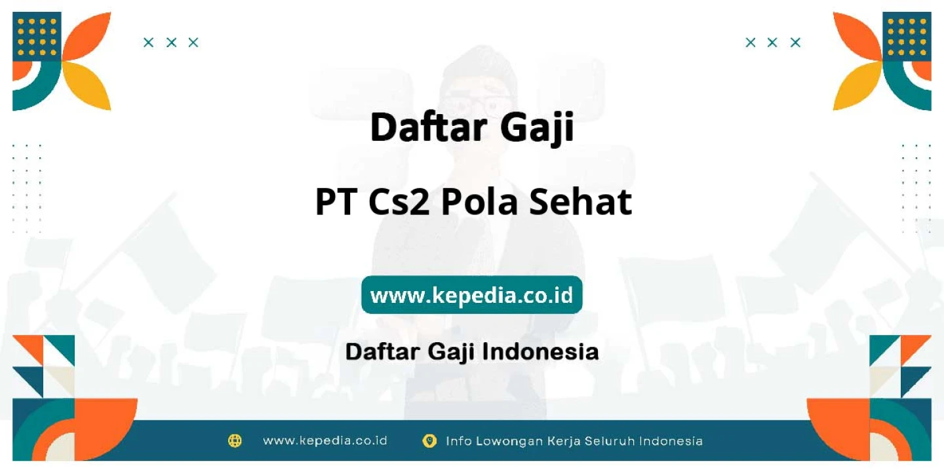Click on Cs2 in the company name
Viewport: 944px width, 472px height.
tap(399, 202)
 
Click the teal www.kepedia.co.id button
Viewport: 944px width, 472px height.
tap(471, 295)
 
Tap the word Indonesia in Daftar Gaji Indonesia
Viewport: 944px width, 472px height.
tap(541, 351)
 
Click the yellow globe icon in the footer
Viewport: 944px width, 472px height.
tap(235, 441)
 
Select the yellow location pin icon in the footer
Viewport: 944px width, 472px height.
tap(429, 441)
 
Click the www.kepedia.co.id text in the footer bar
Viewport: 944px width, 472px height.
tap(325, 441)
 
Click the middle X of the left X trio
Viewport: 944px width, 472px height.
tap(171, 43)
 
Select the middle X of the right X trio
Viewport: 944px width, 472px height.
tap(772, 43)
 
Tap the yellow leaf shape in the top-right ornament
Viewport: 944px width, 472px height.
tap(857, 87)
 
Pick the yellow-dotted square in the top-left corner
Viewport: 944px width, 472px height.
tap(37, 37)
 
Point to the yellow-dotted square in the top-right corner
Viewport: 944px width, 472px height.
tap(907, 37)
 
